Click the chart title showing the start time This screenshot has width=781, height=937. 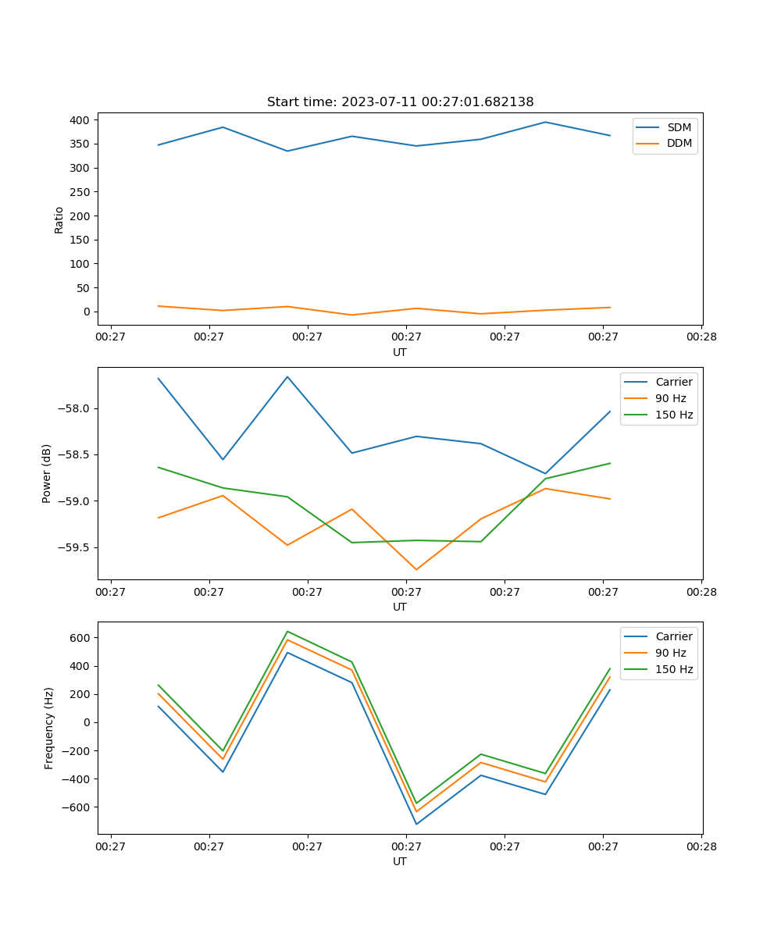point(400,102)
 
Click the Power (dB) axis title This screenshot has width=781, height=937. point(47,473)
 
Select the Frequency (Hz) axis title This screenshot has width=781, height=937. point(48,728)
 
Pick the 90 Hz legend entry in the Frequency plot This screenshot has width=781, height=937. point(670,653)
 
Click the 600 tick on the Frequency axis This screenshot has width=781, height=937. point(80,638)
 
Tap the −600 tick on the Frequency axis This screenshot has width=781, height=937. point(77,807)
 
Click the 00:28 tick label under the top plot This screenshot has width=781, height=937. point(701,337)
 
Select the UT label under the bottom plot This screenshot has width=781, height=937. point(400,861)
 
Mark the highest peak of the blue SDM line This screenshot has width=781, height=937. point(545,122)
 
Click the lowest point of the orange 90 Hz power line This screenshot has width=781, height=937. point(416,569)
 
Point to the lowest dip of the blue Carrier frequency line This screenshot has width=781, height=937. point(416,824)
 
